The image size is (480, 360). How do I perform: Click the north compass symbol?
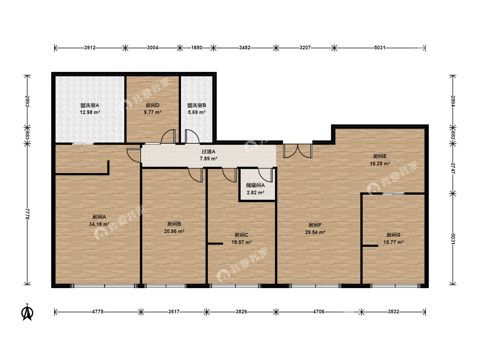click(x=27, y=313)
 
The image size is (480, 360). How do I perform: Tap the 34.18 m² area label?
click(x=99, y=224)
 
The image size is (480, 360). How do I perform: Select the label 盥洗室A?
click(x=90, y=105)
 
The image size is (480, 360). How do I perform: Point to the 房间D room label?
click(x=152, y=105)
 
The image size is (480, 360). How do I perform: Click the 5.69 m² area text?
click(x=197, y=112)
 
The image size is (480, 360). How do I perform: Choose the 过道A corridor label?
click(x=208, y=151)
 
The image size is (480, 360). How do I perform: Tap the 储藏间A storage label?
click(x=255, y=185)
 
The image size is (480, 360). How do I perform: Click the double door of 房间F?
click(x=298, y=151)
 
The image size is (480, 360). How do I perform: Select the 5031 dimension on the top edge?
click(x=380, y=48)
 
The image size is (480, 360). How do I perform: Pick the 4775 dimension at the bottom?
click(x=98, y=312)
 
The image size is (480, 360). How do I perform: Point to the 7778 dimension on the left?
click(x=27, y=214)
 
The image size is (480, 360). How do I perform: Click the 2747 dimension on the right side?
click(x=453, y=168)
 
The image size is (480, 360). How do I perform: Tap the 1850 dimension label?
click(x=197, y=48)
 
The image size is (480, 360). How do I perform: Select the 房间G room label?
click(x=393, y=235)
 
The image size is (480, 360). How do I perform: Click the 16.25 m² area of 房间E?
click(x=380, y=163)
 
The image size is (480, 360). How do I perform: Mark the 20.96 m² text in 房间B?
click(x=174, y=231)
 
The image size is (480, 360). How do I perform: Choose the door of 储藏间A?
click(x=265, y=175)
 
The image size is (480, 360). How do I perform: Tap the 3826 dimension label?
click(x=241, y=312)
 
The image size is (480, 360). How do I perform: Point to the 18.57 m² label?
click(x=241, y=242)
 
